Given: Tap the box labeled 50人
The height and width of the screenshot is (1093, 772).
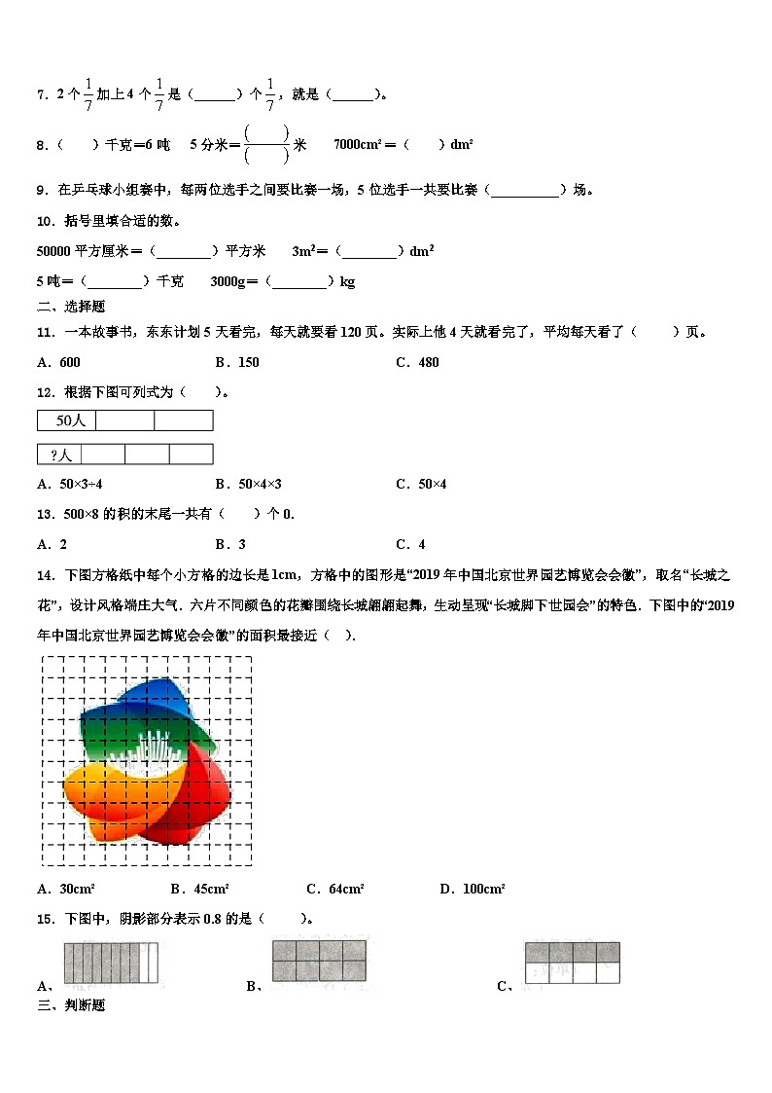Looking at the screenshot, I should [x=67, y=420].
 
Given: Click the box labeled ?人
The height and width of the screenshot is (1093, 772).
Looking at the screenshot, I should [x=59, y=455].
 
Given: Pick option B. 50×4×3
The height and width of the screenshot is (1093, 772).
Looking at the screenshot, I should [x=248, y=484].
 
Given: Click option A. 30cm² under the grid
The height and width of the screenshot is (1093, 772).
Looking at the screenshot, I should [x=65, y=889].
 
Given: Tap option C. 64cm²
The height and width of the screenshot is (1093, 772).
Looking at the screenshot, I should [x=334, y=889].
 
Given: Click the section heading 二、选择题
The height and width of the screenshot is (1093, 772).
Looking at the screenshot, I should [x=71, y=307].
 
